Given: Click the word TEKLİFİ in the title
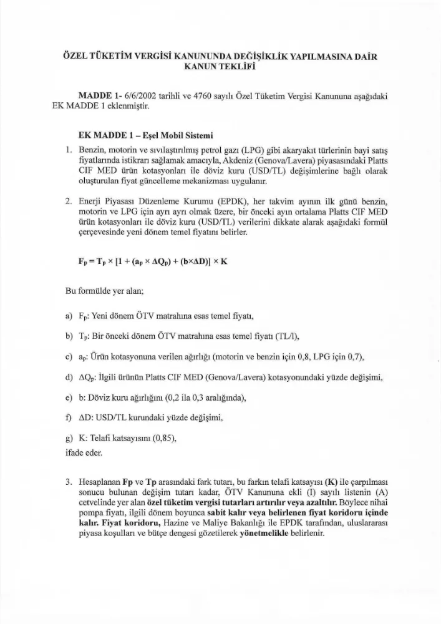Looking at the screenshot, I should click(243, 67).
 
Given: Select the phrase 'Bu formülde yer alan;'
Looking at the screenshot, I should click(102, 291).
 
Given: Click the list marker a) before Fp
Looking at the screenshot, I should click(69, 316).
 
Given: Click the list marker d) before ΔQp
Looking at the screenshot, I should click(69, 378).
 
